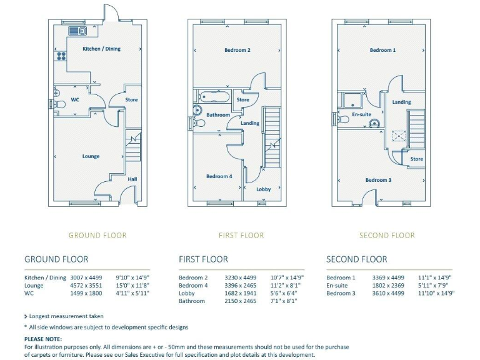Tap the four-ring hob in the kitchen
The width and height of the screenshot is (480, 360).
[61, 56]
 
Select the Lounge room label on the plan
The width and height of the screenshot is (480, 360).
[91, 156]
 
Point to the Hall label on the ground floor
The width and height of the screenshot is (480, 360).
[132, 179]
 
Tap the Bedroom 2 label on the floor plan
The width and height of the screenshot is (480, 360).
[237, 50]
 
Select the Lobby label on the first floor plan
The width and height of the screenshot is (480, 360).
[263, 189]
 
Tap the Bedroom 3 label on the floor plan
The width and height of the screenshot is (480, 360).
[378, 180]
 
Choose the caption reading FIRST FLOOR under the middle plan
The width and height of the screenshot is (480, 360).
[241, 236]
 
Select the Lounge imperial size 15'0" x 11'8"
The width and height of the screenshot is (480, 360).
[132, 285]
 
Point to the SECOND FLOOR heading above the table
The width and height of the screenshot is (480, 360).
[356, 259]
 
